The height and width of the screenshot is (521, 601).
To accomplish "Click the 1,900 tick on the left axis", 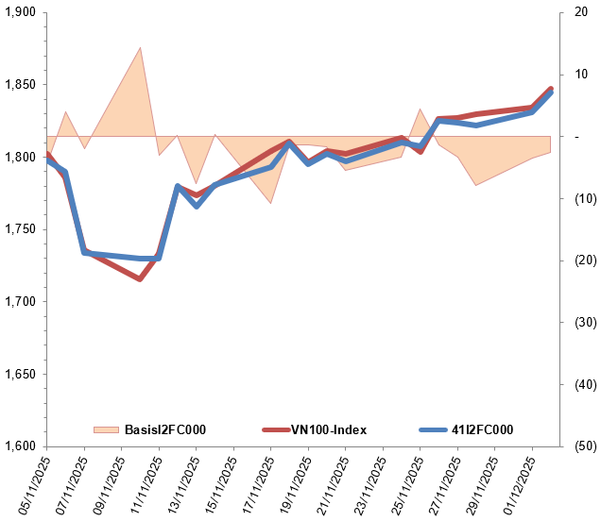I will pos(20,12).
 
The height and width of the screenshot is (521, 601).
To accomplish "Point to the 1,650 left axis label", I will pos(20,375).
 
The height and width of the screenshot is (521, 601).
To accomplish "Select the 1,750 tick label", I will pos(20,229).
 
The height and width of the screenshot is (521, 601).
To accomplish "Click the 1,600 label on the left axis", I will pos(20,446).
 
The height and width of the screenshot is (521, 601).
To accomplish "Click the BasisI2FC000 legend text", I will pos(164,430).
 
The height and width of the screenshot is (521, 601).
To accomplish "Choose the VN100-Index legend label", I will pos(327,430).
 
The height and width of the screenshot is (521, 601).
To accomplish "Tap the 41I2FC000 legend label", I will pos(476,430).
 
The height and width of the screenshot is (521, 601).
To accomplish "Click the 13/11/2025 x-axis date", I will pos(180,482).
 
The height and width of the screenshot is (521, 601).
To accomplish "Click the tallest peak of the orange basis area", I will pos(141,47).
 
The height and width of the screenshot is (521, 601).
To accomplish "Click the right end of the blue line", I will pos(551,92).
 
